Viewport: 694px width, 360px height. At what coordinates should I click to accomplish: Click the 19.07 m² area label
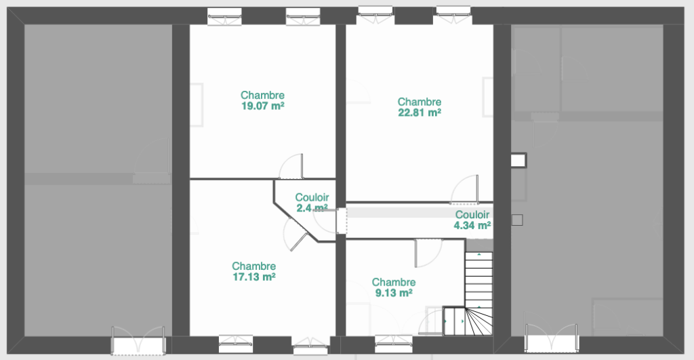pyautogui.click(x=262, y=106)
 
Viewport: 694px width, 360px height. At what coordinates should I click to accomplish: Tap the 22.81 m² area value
pyautogui.click(x=420, y=113)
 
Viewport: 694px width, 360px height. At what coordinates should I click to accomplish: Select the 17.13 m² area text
pyautogui.click(x=254, y=277)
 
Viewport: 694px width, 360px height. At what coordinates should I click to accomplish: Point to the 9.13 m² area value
pyautogui.click(x=394, y=293)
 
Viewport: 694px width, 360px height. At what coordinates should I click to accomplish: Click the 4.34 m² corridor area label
pyautogui.click(x=472, y=225)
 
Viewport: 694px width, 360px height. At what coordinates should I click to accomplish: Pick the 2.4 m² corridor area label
pyautogui.click(x=312, y=208)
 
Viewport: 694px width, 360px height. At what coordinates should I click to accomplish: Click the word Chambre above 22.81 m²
pyautogui.click(x=420, y=102)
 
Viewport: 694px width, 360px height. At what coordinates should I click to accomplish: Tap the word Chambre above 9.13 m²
pyautogui.click(x=394, y=283)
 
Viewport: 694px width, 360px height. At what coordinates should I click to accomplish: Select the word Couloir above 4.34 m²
pyautogui.click(x=472, y=215)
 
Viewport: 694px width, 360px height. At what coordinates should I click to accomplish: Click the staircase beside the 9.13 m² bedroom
pyautogui.click(x=478, y=293)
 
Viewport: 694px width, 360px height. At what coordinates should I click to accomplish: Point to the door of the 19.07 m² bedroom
pyautogui.click(x=291, y=167)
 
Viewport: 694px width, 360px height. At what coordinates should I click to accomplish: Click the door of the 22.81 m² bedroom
pyautogui.click(x=465, y=190)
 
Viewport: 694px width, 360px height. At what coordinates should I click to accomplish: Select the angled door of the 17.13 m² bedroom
pyautogui.click(x=295, y=235)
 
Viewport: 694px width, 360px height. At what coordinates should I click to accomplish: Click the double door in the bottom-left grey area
pyautogui.click(x=138, y=340)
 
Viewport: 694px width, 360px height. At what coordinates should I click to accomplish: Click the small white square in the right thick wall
pyautogui.click(x=518, y=160)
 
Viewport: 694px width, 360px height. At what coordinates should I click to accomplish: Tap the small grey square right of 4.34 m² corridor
pyautogui.click(x=517, y=220)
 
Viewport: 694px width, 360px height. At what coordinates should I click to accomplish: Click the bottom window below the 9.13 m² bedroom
pyautogui.click(x=394, y=344)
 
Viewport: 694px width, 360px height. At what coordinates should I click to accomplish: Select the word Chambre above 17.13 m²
pyautogui.click(x=254, y=266)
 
